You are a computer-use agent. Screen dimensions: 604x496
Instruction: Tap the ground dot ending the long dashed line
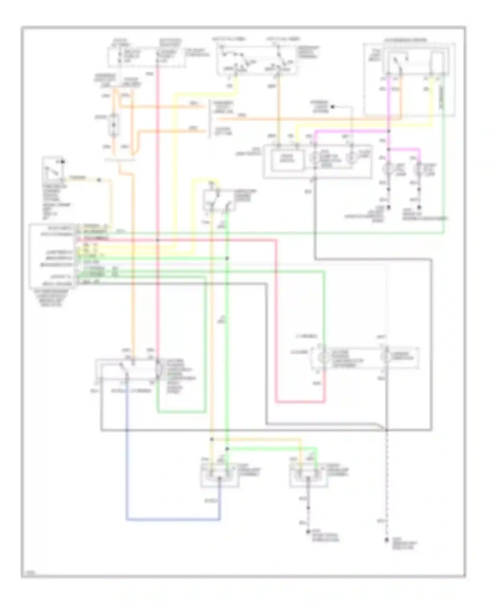coord(386,540)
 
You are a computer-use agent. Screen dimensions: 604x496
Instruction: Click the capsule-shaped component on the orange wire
coord(113,126)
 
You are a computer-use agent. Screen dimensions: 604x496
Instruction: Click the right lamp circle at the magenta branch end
coord(419,169)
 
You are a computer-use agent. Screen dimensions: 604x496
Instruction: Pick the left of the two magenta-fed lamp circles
coord(389,169)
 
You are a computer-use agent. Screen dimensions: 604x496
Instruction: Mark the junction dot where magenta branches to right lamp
coord(389,149)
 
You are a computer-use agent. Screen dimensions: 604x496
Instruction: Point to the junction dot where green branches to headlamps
coord(227,449)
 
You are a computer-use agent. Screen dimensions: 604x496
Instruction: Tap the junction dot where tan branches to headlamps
coord(212,439)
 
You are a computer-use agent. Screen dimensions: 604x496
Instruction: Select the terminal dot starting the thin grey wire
coord(333,107)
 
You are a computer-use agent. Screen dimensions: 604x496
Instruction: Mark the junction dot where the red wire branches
coord(158,240)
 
